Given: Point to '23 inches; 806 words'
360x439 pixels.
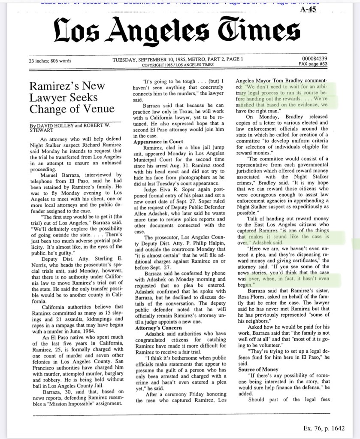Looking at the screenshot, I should pos(50,61).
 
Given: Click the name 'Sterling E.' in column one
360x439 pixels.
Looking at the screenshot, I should pos(107,259).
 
